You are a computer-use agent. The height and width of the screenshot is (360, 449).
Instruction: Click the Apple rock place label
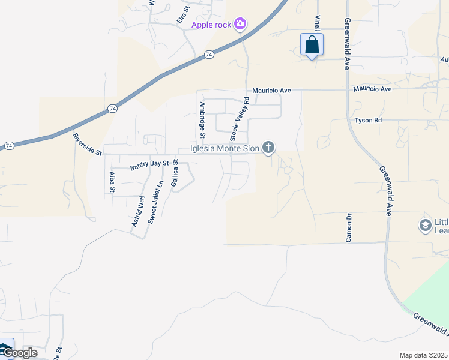tap(212, 25)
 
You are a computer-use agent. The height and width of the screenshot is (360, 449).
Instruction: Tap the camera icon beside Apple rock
tap(240, 24)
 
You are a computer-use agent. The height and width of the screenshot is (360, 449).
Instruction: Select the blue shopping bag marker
tap(312, 44)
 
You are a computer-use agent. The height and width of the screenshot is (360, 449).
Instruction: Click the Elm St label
tap(182, 15)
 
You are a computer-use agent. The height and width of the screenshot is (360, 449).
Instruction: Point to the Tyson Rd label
tap(368, 121)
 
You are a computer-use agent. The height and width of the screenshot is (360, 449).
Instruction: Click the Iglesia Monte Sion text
tap(224, 148)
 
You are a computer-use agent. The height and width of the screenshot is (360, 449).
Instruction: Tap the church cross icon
tap(268, 147)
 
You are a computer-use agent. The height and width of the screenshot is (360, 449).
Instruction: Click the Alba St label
tap(112, 182)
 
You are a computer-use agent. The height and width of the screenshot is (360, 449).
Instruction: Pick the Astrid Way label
tap(138, 212)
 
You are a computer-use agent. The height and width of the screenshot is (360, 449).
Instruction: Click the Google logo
tap(19, 353)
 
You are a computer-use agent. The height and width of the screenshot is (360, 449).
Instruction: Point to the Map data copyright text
tap(423, 355)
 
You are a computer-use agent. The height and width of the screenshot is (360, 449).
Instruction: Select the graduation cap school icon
tap(426, 226)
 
